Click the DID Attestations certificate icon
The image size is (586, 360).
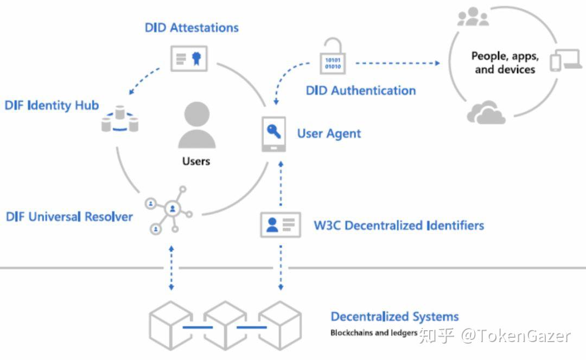coord(189,59)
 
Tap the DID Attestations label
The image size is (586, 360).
coord(192,28)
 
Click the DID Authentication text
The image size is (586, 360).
coord(360,91)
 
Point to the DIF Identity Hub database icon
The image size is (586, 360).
coord(120,120)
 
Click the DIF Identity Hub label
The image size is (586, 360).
coord(52,105)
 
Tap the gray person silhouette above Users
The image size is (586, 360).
coord(196,125)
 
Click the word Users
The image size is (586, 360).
coord(196,161)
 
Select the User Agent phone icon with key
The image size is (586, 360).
coord(274,133)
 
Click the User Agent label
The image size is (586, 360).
coord(329,133)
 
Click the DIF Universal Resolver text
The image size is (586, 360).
coord(69,217)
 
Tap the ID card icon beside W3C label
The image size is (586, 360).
coord(281,224)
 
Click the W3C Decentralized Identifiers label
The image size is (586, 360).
coord(399,226)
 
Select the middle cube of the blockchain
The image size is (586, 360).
coord(225,326)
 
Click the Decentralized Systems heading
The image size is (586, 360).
coord(394,317)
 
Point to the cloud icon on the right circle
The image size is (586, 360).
coord(486,113)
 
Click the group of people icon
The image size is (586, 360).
coord(473,17)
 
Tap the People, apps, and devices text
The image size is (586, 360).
coord(505,62)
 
